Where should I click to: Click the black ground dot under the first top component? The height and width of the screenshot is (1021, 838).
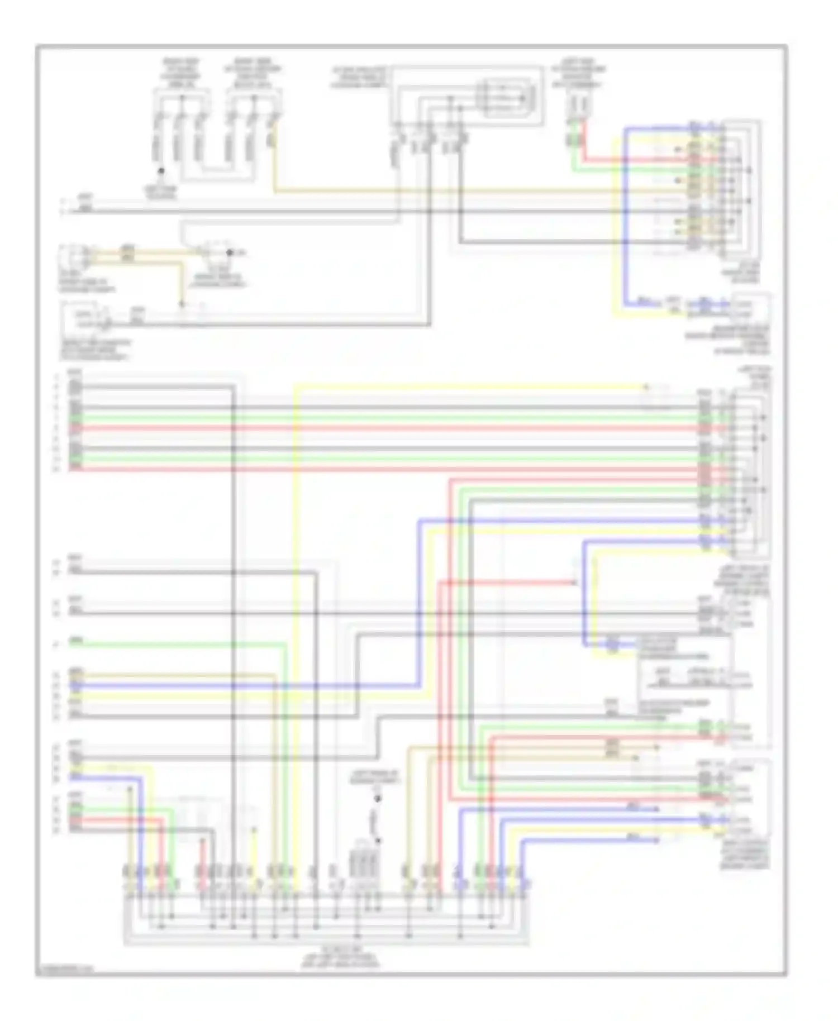(x=161, y=171)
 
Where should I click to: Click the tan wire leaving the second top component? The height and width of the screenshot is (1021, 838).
(x=274, y=162)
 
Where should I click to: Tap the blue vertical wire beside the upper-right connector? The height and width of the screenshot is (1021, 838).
(x=626, y=223)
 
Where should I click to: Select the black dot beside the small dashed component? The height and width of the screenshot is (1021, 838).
(x=229, y=252)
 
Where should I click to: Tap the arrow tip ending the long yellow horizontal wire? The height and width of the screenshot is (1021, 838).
(x=646, y=387)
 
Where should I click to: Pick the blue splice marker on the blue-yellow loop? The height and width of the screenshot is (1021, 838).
(x=612, y=646)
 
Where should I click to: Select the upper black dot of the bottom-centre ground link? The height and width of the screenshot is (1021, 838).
(x=378, y=800)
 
